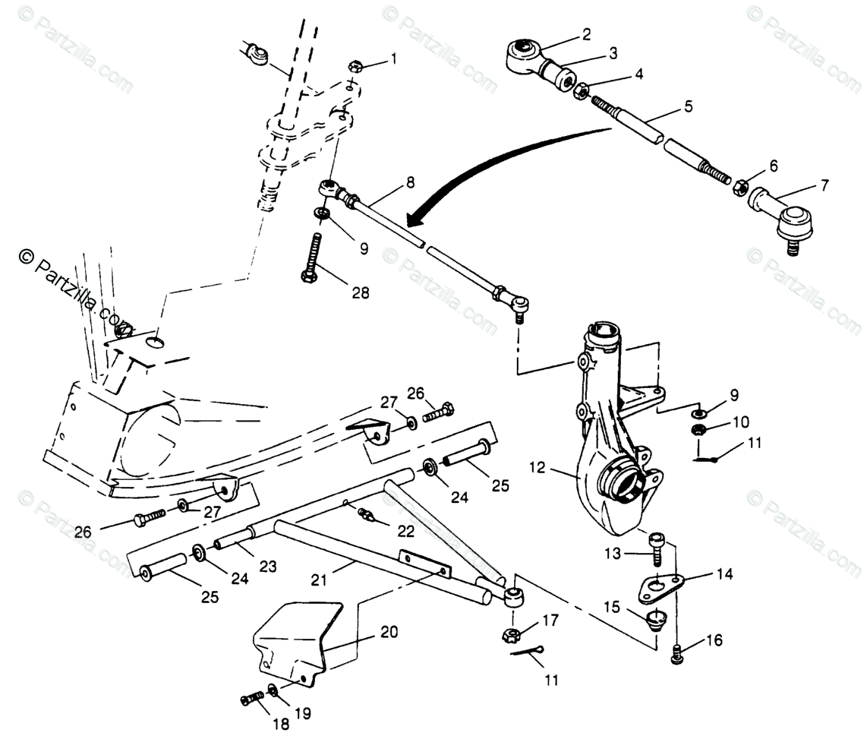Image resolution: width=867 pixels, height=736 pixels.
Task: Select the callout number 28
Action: tap(359, 292)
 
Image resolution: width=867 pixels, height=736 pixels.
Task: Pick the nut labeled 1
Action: tap(355, 66)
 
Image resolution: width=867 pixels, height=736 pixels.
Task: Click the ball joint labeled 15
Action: tap(654, 618)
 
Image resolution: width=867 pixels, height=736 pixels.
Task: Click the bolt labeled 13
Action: tap(657, 548)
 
